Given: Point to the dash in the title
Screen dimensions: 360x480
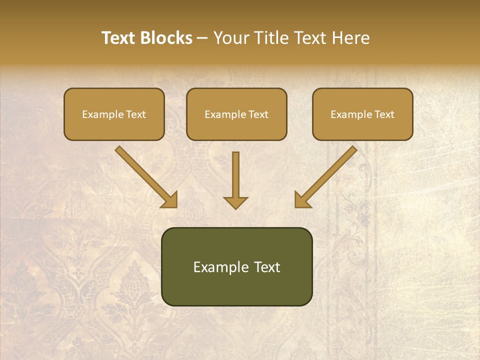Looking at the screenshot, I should (x=202, y=38).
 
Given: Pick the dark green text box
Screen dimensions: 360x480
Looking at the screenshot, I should (x=236, y=290).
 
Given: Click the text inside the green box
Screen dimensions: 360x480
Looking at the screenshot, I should (x=236, y=267).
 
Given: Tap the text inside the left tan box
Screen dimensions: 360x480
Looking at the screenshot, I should (x=114, y=114).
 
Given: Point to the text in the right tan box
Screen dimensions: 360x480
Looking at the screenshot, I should (x=362, y=114).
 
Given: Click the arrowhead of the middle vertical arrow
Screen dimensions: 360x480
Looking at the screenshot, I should (x=235, y=202).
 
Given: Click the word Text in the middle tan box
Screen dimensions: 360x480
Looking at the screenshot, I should (x=258, y=114).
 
